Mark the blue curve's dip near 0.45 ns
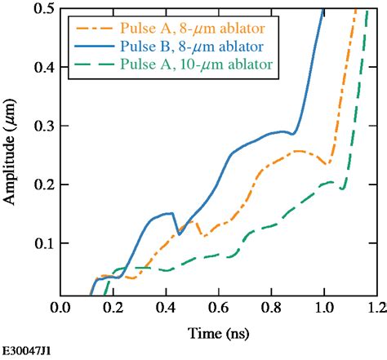[180, 234]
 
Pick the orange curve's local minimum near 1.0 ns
[326, 164]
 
